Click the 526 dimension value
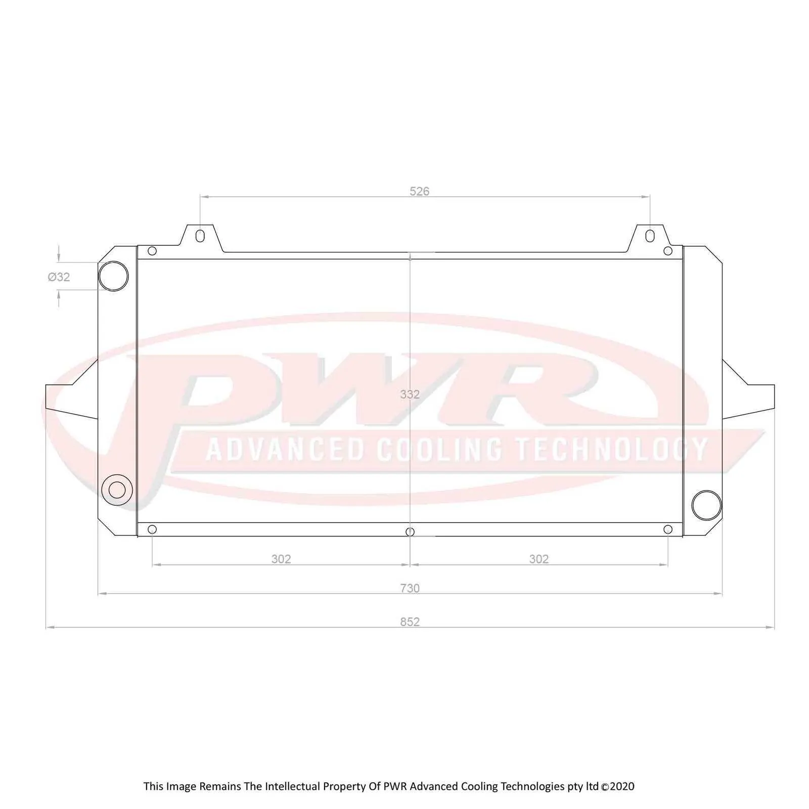[419, 191]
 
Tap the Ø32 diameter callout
[59, 277]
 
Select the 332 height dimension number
[410, 394]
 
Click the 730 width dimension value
[410, 588]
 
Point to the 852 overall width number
[410, 621]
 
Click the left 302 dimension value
[281, 559]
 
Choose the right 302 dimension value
[538, 559]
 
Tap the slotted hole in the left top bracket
[200, 236]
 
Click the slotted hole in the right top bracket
[650, 236]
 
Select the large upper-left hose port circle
[113, 276]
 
